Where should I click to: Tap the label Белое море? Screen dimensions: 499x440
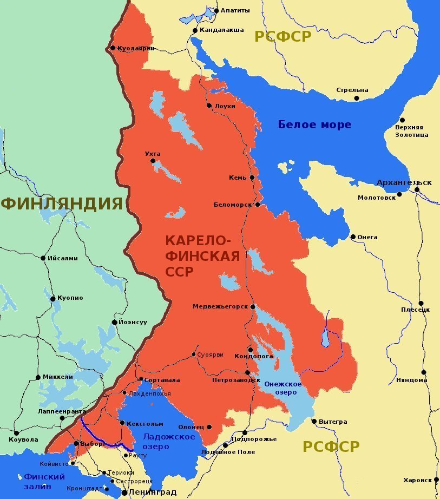coord(314,124)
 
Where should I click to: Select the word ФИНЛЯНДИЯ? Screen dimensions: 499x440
coord(62,204)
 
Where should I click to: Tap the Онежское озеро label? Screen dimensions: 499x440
coord(283,388)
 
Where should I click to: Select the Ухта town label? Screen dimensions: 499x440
coord(153,154)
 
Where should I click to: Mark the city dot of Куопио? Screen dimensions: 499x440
coord(53,298)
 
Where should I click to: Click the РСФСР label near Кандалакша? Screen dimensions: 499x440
coord(284,36)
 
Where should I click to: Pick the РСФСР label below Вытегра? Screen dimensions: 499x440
coord(331,447)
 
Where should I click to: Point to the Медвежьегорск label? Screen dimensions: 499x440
coord(220,306)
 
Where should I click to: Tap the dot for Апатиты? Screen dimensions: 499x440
coord(216,10)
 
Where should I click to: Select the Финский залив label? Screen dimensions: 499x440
coord(44,481)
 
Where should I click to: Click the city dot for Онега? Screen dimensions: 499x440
coord(353,237)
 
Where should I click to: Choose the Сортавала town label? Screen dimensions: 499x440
coord(162,380)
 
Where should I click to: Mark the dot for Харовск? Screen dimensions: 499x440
coord(436,480)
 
